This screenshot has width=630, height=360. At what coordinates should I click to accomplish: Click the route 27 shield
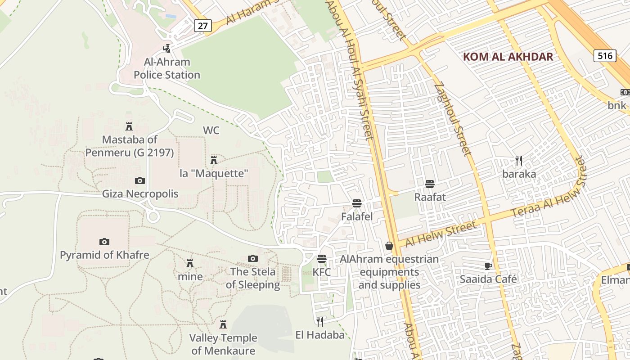[x=203, y=26]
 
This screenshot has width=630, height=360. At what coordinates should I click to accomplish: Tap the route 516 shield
[x=605, y=56]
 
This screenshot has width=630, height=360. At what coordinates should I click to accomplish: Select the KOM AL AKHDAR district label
[x=508, y=57]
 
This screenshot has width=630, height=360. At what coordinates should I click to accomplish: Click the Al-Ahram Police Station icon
[x=167, y=48]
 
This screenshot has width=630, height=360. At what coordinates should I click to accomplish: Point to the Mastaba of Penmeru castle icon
[x=129, y=126]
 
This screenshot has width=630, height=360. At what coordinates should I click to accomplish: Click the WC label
[x=211, y=130]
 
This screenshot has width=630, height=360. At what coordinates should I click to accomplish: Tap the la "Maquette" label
[x=214, y=173]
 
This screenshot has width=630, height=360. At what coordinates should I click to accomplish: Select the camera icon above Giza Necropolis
[x=140, y=180]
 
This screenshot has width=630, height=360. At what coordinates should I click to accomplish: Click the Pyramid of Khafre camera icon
[x=104, y=242]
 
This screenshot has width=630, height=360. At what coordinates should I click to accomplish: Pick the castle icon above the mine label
[x=190, y=263]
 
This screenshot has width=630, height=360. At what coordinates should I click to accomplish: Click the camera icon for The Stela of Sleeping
[x=253, y=258]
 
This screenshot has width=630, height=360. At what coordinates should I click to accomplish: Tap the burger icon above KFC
[x=322, y=259]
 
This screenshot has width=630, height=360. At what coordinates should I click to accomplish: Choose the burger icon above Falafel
[x=357, y=203]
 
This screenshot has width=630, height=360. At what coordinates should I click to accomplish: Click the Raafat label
[x=430, y=197]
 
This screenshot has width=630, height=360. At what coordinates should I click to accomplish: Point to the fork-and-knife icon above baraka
[x=519, y=160]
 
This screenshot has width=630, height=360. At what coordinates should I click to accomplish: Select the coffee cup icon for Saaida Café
[x=488, y=265]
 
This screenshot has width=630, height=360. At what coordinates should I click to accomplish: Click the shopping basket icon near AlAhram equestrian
[x=389, y=246]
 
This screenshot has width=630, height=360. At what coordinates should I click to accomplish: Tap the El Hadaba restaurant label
[x=320, y=335]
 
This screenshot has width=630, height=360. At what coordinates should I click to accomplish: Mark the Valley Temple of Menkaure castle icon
[x=223, y=324]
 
